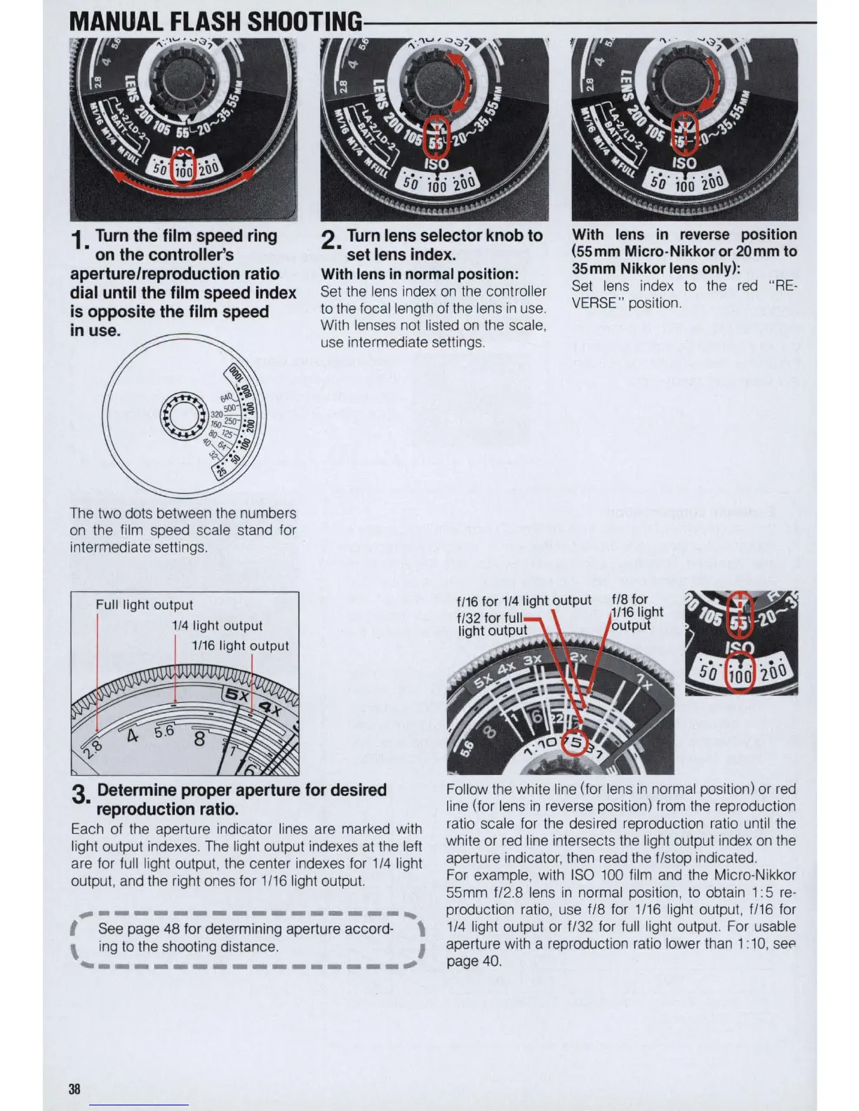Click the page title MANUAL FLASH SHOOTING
tap(216, 22)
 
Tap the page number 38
tap(74, 1089)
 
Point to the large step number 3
tap(81, 795)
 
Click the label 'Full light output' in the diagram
tap(144, 605)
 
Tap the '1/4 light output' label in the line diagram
tap(217, 626)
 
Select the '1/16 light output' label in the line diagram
tap(240, 645)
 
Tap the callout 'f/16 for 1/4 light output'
tap(524, 600)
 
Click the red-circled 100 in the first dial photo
tap(183, 170)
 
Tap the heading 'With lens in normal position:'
tap(420, 274)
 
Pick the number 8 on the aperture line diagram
tap(199, 739)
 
